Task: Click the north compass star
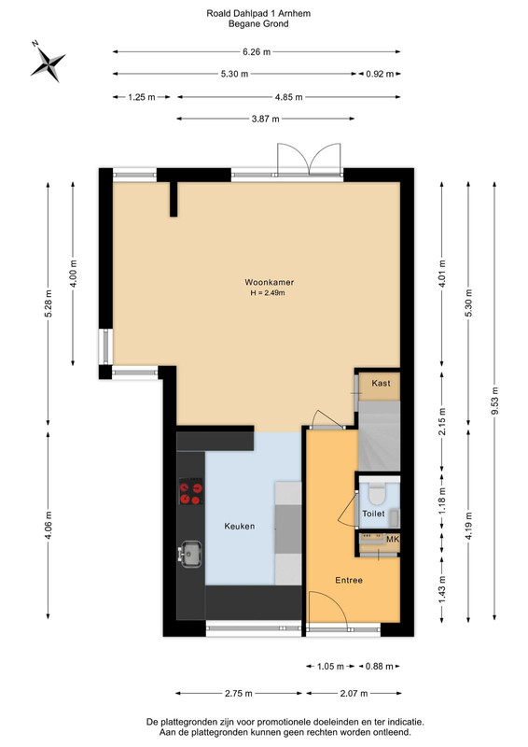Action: point(48,63)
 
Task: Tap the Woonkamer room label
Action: point(269,282)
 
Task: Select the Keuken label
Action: point(239,526)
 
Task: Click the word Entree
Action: point(349,580)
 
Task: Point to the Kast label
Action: point(381,383)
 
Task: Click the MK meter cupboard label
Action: point(393,540)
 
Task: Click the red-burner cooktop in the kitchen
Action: point(191,492)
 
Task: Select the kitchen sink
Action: point(190,554)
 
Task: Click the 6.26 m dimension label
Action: point(257,52)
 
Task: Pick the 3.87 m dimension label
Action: point(265,120)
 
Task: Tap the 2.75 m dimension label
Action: point(239,693)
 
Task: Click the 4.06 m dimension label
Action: point(49,526)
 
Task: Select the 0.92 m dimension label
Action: point(380,74)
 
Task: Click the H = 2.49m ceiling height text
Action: point(268,293)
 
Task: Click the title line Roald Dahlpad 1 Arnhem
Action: point(258,13)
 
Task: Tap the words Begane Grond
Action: point(258,24)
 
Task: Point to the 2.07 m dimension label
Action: point(354,693)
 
